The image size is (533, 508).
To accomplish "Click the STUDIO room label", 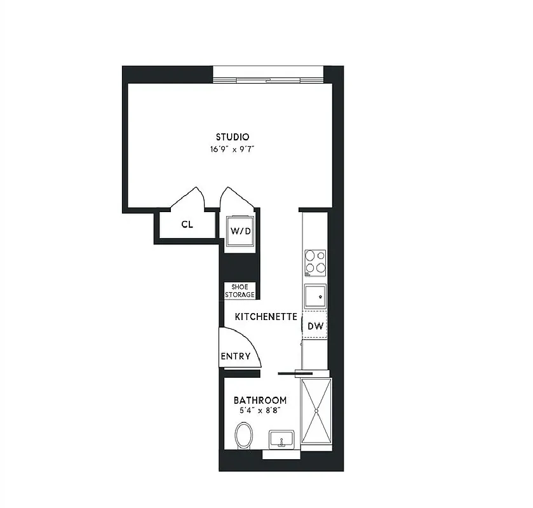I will (232, 137).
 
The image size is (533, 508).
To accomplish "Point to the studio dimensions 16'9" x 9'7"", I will (232, 150).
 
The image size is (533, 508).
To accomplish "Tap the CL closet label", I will (187, 224).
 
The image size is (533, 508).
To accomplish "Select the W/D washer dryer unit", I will (240, 231).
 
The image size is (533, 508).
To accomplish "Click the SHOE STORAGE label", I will (240, 291).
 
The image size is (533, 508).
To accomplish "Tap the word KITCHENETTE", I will (266, 316).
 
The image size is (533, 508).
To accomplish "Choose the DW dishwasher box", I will (315, 326).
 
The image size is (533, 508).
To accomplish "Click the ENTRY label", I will (235, 356).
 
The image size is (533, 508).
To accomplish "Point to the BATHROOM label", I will (260, 401).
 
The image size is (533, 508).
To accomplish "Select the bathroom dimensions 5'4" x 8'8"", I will (260, 411).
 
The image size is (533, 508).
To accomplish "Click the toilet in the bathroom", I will (243, 436).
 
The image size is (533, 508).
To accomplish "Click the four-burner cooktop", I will (316, 262).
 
